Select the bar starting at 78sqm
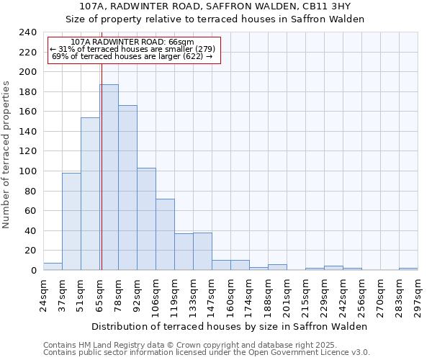pos(127,187)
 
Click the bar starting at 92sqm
pos(146,219)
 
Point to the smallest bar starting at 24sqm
pos(53,266)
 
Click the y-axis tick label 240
pos(27,33)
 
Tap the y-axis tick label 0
pos(33,271)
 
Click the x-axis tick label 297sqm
pos(418,295)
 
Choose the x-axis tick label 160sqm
pos(231,295)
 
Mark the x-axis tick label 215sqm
pos(306,295)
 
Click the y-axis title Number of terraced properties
pos(7,154)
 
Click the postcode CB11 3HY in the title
pos(326,6)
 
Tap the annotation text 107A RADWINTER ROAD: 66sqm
pos(133,42)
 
